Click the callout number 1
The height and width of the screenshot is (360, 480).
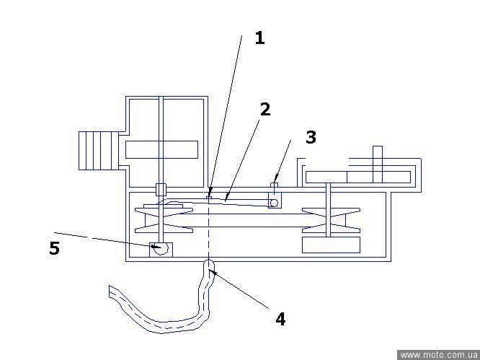coord(259,38)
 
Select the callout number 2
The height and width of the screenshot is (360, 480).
coord(265,109)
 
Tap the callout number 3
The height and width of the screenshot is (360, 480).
coord(311,137)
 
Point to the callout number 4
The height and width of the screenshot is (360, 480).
coord(280,319)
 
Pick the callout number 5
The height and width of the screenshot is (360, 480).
coord(54,248)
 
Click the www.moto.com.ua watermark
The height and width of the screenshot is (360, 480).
coord(438,355)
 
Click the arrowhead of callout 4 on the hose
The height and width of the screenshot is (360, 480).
coord(211,271)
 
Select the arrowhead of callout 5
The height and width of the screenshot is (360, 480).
coord(157,247)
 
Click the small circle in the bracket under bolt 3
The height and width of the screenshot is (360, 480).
coord(274,203)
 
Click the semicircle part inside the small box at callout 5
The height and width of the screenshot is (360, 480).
coord(161,249)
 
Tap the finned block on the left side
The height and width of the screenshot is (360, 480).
coord(98,151)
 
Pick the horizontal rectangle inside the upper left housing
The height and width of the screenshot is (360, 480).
coord(161,149)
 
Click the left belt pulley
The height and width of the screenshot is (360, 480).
coord(164,219)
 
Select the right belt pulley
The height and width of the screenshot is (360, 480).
coord(331,220)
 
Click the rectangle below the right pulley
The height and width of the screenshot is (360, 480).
coord(331,245)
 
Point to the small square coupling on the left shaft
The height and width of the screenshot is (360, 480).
coord(161,189)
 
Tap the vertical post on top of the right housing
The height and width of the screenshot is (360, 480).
coord(378,164)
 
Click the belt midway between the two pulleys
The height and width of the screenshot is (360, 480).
coord(247,220)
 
